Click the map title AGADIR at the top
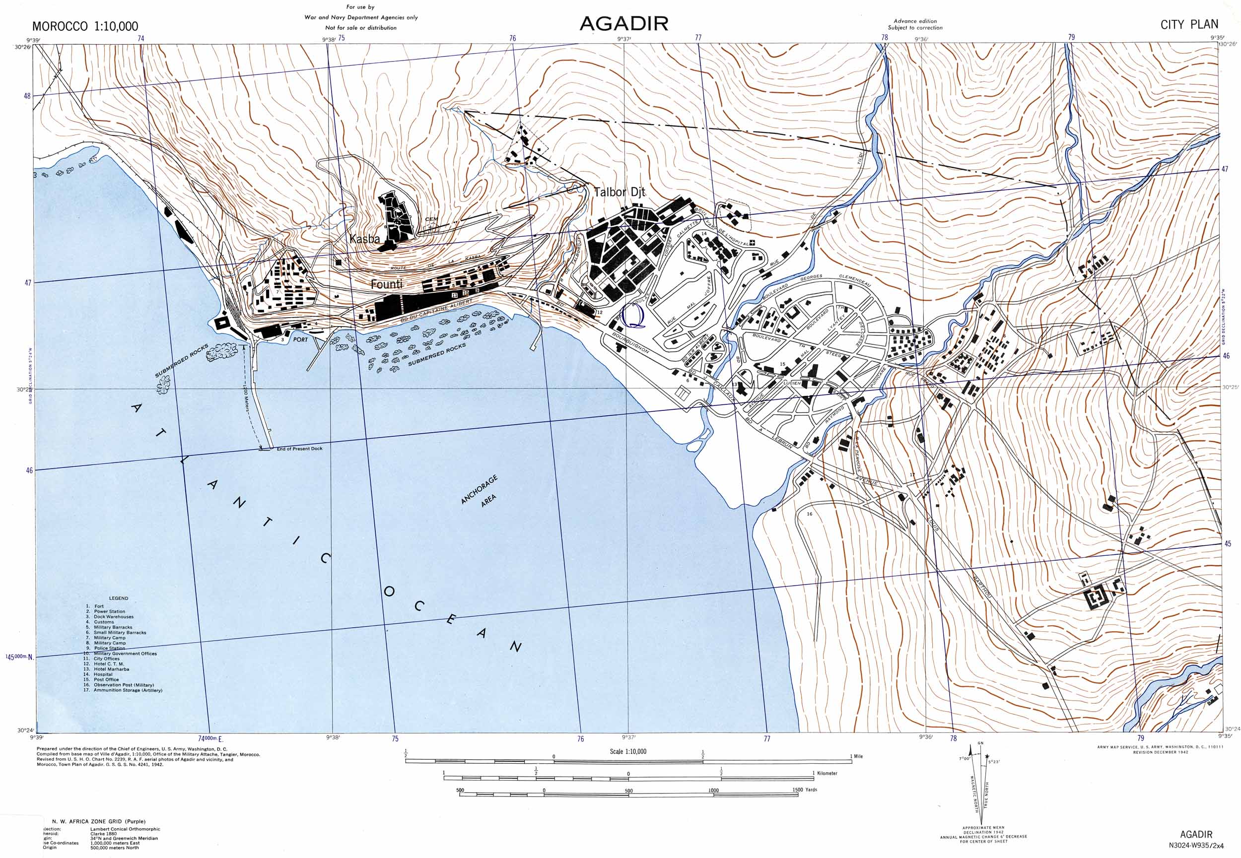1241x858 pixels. tap(623, 24)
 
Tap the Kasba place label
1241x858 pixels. tap(364, 239)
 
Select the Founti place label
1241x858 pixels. tap(387, 284)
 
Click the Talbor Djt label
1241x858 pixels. tap(619, 192)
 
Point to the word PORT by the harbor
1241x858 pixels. tap(300, 340)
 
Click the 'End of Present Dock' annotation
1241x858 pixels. tap(299, 449)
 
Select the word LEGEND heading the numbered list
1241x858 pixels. tap(119, 598)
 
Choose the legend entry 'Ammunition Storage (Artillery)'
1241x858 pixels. tap(128, 690)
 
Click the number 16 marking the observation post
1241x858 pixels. tap(810, 514)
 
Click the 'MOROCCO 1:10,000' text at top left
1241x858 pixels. tap(85, 26)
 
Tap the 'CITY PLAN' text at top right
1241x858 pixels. tap(1189, 25)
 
